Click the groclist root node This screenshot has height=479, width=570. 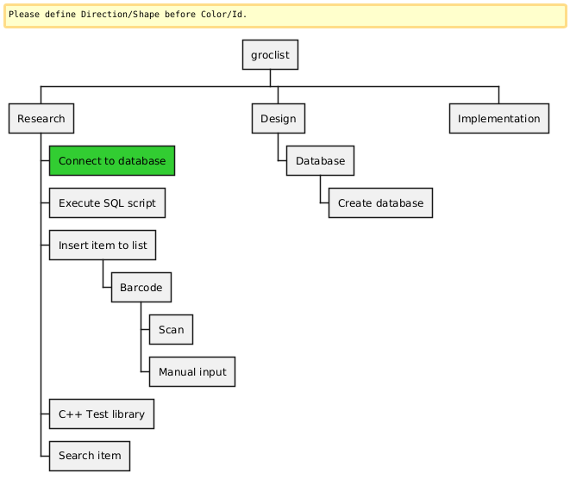(x=270, y=56)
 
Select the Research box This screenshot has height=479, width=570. (x=41, y=119)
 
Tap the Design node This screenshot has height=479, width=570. (x=278, y=119)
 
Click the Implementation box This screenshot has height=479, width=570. (x=499, y=119)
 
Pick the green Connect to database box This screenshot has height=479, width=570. (x=112, y=161)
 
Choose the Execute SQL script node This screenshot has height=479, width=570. (x=107, y=203)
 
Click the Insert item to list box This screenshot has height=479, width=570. (x=103, y=246)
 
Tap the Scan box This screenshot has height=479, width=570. (x=171, y=330)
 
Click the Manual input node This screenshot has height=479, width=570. (x=192, y=372)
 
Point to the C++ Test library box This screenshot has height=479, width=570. (x=102, y=414)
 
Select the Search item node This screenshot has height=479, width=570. (x=90, y=456)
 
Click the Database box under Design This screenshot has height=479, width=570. (x=320, y=161)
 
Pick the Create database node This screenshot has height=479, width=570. (x=380, y=203)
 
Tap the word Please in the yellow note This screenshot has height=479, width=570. (x=24, y=15)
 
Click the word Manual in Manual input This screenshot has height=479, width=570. (x=177, y=372)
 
